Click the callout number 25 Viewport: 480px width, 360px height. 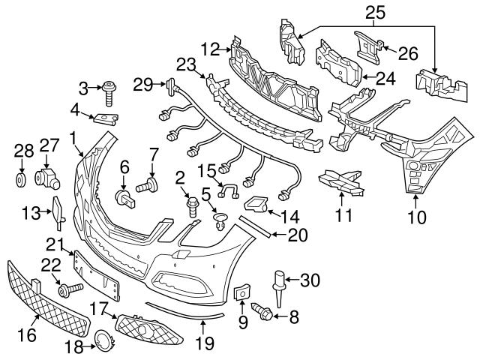(374, 11)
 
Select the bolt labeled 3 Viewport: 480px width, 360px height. (111, 91)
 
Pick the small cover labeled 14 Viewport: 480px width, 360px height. (257, 203)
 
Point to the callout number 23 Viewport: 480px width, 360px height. (185, 64)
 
